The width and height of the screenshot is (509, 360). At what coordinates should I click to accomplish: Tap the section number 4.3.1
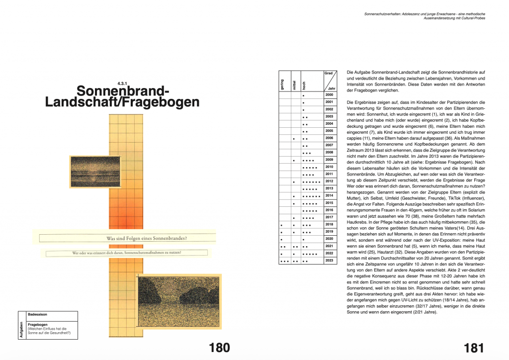point(123,83)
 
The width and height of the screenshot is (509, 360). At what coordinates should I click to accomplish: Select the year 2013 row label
point(329,188)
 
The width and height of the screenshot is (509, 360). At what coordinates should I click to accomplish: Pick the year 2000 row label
point(329,94)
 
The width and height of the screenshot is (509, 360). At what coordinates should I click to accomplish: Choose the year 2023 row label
point(329,261)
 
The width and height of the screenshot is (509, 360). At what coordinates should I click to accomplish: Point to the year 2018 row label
point(329,224)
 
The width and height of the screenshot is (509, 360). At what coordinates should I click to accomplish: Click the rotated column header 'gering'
point(282,84)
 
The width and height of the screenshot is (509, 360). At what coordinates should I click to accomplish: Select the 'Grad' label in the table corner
point(329,73)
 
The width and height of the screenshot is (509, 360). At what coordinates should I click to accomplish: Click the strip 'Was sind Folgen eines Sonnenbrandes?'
point(147,238)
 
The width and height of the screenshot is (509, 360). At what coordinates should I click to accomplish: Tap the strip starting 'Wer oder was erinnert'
point(127,253)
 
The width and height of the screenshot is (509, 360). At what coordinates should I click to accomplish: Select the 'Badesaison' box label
point(38,315)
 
